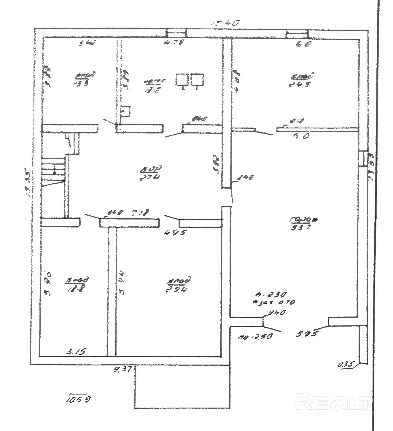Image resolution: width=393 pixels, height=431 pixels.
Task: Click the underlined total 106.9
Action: pos(79,399)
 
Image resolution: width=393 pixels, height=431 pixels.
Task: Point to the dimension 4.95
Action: pos(175,232)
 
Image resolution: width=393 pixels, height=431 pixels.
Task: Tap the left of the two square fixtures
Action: pos(182,80)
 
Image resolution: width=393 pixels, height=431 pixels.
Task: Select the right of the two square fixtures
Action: pos(197,80)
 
